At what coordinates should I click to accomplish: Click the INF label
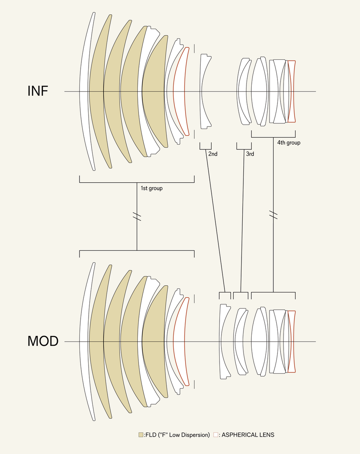(x=38, y=91)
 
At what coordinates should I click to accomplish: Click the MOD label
(x=43, y=341)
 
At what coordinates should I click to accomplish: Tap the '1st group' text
(x=151, y=188)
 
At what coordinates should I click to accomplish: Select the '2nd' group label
(x=213, y=154)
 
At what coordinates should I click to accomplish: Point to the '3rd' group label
(x=250, y=154)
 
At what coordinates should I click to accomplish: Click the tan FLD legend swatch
(x=141, y=435)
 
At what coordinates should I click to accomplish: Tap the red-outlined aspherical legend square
(x=216, y=435)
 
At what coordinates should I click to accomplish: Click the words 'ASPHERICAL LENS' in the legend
(x=248, y=435)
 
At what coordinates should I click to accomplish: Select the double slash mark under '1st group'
(x=137, y=217)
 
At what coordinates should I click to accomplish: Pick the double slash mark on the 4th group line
(x=273, y=215)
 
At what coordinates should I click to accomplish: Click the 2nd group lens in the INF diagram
(x=205, y=91)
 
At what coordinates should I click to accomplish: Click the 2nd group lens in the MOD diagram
(x=224, y=341)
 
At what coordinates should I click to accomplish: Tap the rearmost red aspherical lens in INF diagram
(x=291, y=91)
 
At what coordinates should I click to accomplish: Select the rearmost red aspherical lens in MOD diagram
(x=291, y=341)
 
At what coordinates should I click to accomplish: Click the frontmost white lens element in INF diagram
(x=84, y=91)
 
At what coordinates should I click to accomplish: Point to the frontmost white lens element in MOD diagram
(x=84, y=341)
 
